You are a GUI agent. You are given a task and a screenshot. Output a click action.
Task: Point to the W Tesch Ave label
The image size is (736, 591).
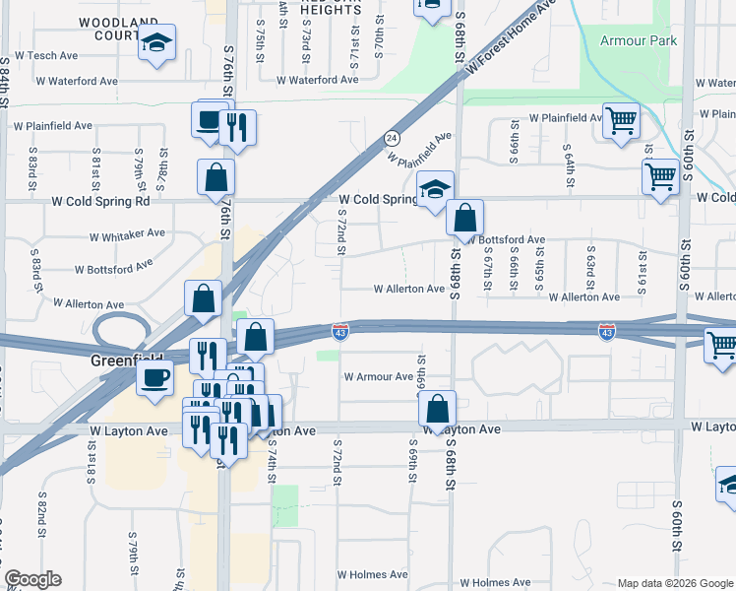pyautogui.click(x=53, y=55)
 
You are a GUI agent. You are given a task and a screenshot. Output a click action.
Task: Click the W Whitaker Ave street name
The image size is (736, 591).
pyautogui.click(x=127, y=235)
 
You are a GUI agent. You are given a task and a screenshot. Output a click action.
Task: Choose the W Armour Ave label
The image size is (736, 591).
pyautogui.click(x=378, y=376)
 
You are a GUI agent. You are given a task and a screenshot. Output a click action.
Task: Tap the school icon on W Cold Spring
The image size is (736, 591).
pyautogui.click(x=434, y=189)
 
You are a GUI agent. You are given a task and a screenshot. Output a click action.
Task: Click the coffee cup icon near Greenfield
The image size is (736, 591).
pyautogui.click(x=154, y=380)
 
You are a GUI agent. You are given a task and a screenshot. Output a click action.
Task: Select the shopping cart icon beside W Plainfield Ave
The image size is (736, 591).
pyautogui.click(x=621, y=122)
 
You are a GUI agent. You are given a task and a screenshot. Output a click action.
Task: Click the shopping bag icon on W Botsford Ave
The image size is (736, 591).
pyautogui.click(x=464, y=218)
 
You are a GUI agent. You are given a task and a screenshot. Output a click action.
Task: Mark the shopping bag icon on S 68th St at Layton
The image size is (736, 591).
pyautogui.click(x=437, y=410)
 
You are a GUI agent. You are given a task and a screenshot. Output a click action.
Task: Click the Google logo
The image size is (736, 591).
pyautogui.click(x=32, y=579)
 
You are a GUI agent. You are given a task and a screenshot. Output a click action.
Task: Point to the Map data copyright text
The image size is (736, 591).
pyautogui.click(x=674, y=583)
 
